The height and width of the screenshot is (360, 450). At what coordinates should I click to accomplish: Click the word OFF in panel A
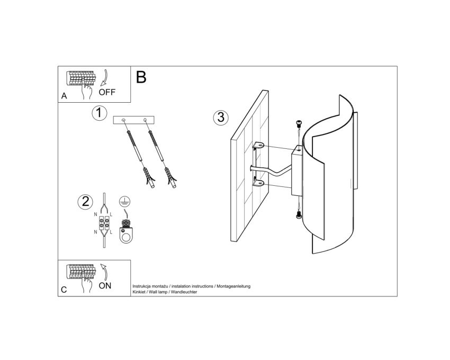coord(107,92)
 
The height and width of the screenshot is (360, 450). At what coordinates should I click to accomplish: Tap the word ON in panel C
coord(105,286)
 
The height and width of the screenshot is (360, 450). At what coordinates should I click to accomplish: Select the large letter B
coord(141,77)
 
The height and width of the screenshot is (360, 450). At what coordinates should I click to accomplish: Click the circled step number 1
coord(99,113)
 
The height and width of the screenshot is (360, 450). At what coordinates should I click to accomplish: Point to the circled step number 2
coord(86,202)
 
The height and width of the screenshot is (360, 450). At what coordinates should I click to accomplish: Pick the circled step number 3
coord(221,118)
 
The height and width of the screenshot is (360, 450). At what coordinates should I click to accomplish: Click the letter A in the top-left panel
coord(64,96)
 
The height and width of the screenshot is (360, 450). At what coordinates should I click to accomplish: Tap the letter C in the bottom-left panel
coord(64,290)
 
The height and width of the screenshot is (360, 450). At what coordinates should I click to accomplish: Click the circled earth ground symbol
coord(124,202)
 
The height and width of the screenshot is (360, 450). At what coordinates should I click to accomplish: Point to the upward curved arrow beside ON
coord(105,272)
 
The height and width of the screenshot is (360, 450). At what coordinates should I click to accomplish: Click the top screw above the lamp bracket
coord(299,124)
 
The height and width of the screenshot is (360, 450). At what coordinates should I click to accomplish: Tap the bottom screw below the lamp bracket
coord(299,214)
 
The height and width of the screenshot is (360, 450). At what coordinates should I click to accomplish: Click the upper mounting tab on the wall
coord(258,145)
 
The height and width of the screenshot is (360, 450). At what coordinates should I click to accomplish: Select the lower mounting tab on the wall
coord(258,183)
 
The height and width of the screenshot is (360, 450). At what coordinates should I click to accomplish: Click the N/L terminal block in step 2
coord(104,223)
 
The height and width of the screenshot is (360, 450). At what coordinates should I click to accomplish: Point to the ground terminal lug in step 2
coord(125,231)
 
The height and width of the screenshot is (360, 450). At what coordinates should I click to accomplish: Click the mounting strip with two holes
coord(134,120)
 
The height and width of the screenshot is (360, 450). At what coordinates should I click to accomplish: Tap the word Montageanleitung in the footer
coord(233,286)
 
